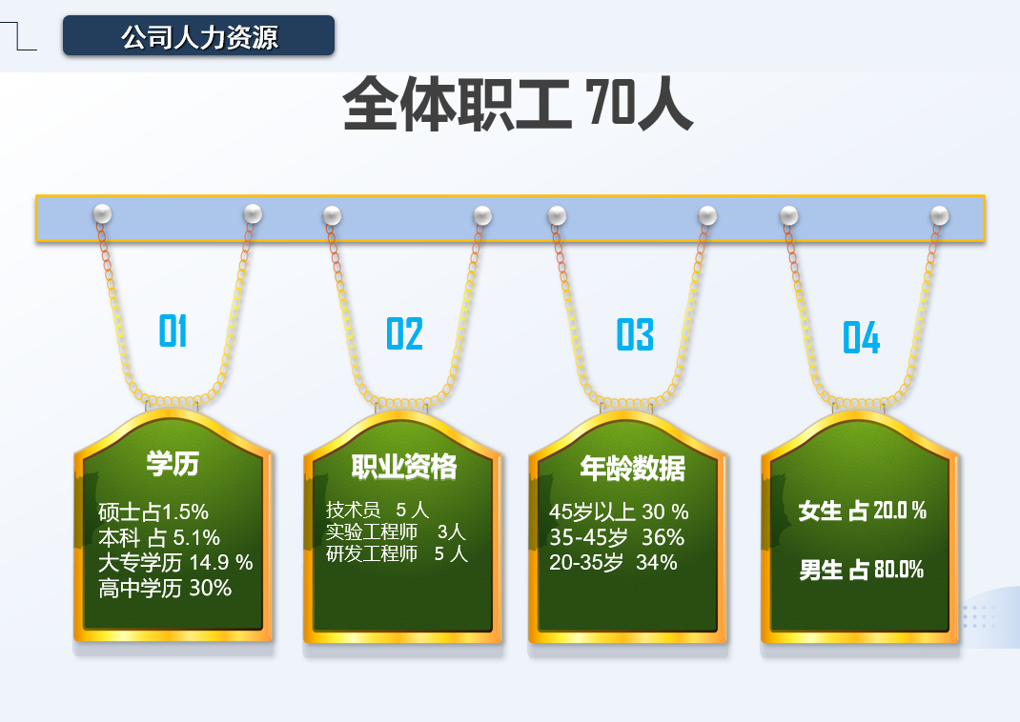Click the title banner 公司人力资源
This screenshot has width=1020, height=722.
tap(198, 36)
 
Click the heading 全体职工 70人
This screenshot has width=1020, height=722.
tap(518, 105)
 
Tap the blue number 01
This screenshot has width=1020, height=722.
tap(173, 331)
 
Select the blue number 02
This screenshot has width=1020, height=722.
tap(404, 333)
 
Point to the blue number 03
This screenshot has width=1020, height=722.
tap(635, 334)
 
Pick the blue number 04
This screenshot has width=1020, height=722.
tap(861, 337)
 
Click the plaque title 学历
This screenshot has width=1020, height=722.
tap(173, 464)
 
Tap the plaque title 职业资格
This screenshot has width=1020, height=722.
tap(404, 467)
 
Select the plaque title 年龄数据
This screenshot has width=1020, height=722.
tap(632, 468)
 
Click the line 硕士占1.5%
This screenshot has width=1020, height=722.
tap(153, 512)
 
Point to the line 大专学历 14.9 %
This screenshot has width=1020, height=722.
tap(175, 563)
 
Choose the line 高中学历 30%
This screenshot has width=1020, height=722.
tap(165, 588)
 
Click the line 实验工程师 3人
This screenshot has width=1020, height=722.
tap(397, 532)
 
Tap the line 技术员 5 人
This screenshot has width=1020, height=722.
tap(377, 511)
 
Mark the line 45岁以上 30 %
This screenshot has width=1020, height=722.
tap(619, 512)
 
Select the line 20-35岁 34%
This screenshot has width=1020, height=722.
tap(613, 562)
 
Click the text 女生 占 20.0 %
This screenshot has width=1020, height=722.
tap(863, 511)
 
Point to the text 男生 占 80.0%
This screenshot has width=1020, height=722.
tap(861, 570)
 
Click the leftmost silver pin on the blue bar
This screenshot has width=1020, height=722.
tap(102, 213)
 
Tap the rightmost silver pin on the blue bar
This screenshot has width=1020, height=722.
tap(939, 215)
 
